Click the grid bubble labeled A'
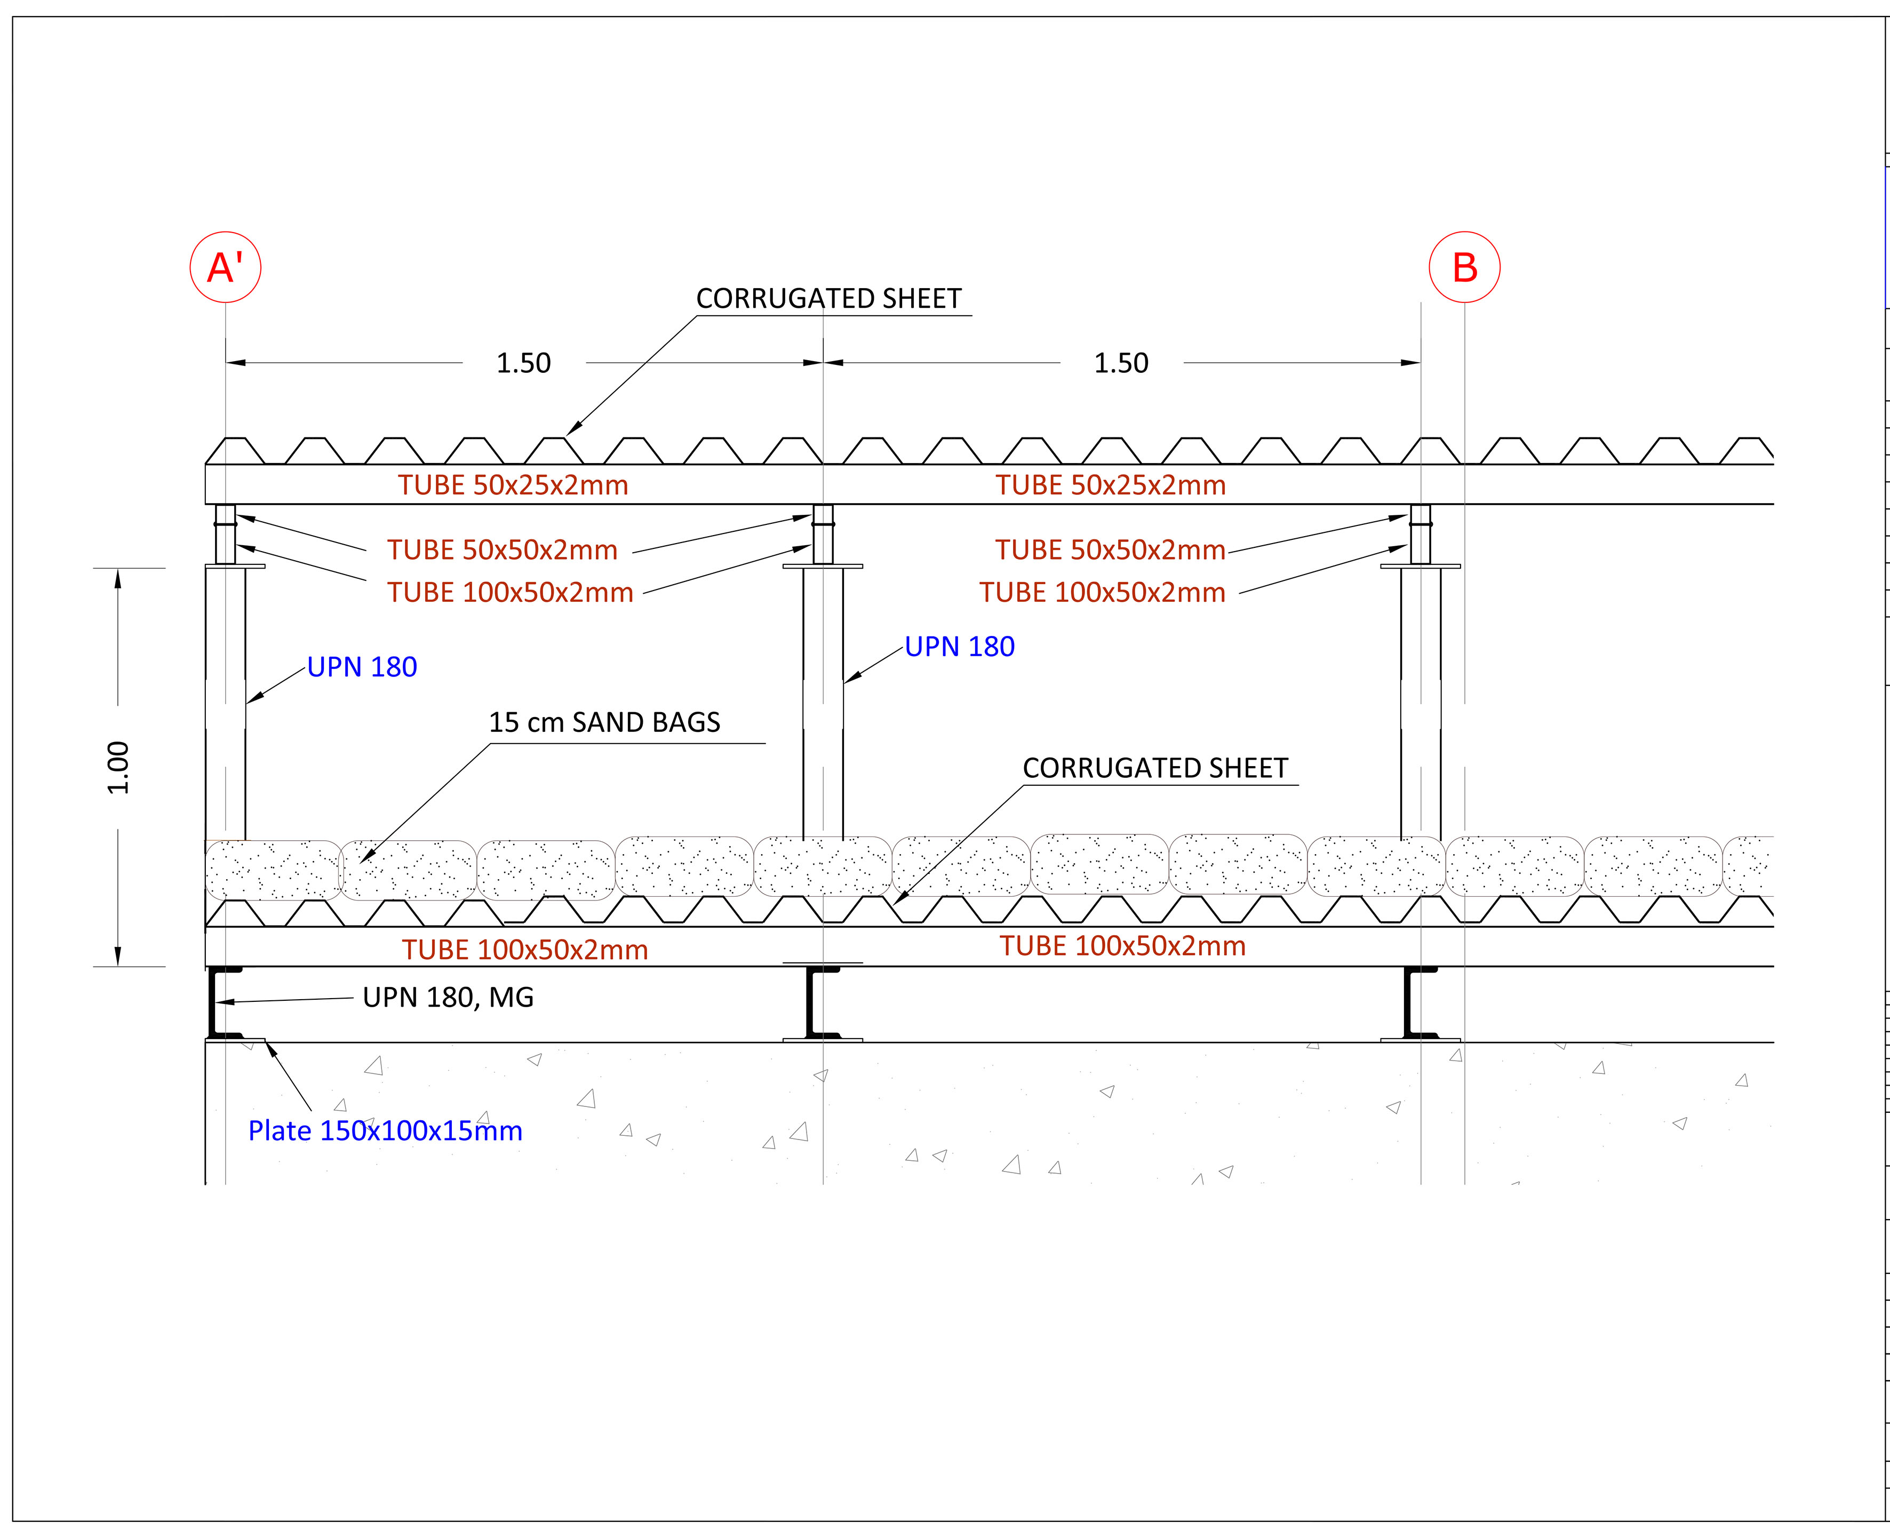[x=225, y=267]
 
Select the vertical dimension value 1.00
[x=118, y=767]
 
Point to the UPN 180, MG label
[x=448, y=998]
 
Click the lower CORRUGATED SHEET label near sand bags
[x=1155, y=768]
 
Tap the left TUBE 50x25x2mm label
[x=513, y=485]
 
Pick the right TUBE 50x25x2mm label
[x=1111, y=485]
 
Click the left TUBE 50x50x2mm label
[x=502, y=550]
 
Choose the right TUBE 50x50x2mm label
[x=1111, y=550]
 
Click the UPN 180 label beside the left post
[x=362, y=667]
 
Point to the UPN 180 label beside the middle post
[x=959, y=647]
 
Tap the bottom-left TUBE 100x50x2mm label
[x=525, y=950]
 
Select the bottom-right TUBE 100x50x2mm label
[x=1123, y=946]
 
